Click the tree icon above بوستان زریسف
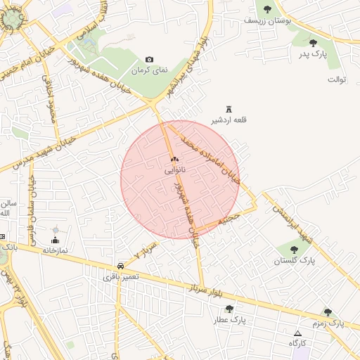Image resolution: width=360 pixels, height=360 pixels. click(x=267, y=8)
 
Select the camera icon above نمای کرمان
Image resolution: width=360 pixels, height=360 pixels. click(x=148, y=60)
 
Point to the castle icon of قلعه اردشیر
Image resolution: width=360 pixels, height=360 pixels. click(x=229, y=108)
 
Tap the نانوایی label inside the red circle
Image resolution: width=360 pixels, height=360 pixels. click(x=176, y=170)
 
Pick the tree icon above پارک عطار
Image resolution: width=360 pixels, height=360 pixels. click(x=229, y=309)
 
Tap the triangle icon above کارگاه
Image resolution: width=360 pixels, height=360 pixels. click(x=297, y=333)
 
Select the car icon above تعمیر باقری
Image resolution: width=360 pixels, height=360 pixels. click(x=122, y=266)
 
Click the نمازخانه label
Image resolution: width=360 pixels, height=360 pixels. click(x=55, y=250)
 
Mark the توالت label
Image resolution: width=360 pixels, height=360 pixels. click(x=337, y=79)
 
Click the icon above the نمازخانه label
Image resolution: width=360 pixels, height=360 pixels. click(x=56, y=240)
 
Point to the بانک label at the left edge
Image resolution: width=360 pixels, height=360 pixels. click(x=8, y=247)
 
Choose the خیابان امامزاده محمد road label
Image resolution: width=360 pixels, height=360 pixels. click(x=210, y=157)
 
